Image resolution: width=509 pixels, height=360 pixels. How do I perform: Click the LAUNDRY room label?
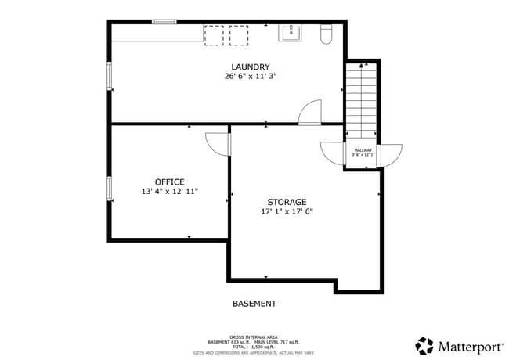(x=251, y=67)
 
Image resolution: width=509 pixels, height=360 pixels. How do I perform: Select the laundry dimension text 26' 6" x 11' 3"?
(x=251, y=77)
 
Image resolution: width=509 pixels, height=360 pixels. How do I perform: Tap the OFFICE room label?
(x=169, y=182)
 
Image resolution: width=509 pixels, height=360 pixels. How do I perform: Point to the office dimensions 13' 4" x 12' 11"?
(x=169, y=192)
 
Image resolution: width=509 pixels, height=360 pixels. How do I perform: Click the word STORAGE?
(x=287, y=201)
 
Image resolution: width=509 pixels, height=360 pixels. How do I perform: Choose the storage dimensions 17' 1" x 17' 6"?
(x=287, y=211)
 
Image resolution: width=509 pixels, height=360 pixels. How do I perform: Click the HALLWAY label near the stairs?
(x=363, y=149)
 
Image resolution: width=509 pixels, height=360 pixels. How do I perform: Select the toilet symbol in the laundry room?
(x=327, y=33)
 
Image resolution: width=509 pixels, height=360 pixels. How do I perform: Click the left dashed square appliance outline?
(x=214, y=34)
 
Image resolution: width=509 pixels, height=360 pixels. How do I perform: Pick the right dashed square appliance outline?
(x=239, y=34)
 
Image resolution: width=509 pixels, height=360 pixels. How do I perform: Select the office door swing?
(x=217, y=144)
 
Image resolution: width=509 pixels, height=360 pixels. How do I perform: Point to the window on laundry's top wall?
(x=164, y=22)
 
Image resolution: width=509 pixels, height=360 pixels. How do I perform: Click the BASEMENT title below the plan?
(x=254, y=304)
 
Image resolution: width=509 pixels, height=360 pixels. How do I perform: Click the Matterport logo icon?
(x=424, y=346)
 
